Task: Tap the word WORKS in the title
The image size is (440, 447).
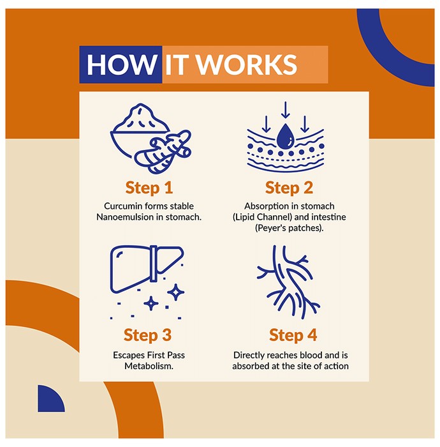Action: tap(247, 64)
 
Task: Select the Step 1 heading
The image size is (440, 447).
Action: tap(149, 188)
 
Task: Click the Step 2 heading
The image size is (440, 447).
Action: tap(289, 188)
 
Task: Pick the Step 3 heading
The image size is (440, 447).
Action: tap(147, 335)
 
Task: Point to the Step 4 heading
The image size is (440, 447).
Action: tap(293, 335)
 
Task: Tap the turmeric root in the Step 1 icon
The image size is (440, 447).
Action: tap(163, 152)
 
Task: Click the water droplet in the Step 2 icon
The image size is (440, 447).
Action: tap(286, 137)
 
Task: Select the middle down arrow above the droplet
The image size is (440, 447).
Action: tap(286, 110)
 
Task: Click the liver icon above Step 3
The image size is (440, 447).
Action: tap(147, 269)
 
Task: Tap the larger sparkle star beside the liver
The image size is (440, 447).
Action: tap(175, 292)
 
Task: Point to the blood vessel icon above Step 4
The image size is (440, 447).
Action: tap(288, 282)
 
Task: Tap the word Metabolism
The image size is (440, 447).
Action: tap(149, 366)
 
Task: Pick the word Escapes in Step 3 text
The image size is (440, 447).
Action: tap(129, 355)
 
